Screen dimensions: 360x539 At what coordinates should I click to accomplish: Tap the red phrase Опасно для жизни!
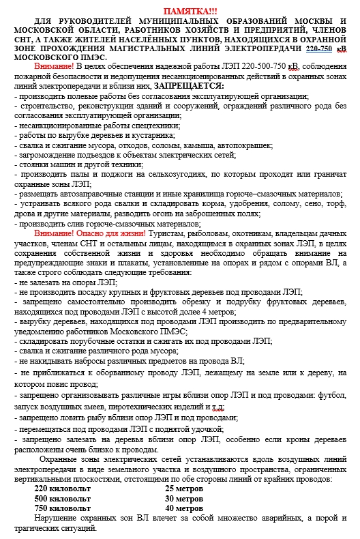coord(111,233)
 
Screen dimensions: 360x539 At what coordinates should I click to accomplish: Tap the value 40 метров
coord(184,508)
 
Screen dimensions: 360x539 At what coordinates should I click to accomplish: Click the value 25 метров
coord(184,489)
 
